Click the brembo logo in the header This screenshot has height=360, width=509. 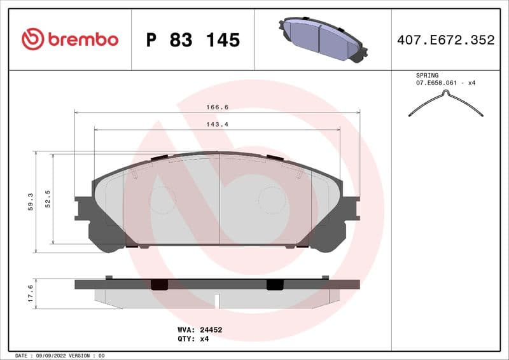click(x=70, y=39)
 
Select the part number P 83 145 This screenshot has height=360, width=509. click(x=193, y=40)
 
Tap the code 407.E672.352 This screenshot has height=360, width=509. click(x=445, y=40)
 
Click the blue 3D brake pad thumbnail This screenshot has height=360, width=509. click(x=321, y=39)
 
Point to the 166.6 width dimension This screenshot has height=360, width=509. click(x=217, y=107)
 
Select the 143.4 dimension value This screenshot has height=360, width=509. click(x=217, y=124)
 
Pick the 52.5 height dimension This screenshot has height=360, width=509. click(x=48, y=198)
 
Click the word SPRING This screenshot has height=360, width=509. click(x=427, y=75)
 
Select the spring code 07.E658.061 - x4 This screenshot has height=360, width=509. click(x=446, y=83)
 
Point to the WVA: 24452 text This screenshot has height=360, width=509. click(x=199, y=330)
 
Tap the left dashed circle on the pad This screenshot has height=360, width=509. click(x=163, y=200)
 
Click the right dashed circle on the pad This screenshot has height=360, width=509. click(x=272, y=200)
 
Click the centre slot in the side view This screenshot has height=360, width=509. click(x=217, y=301)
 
